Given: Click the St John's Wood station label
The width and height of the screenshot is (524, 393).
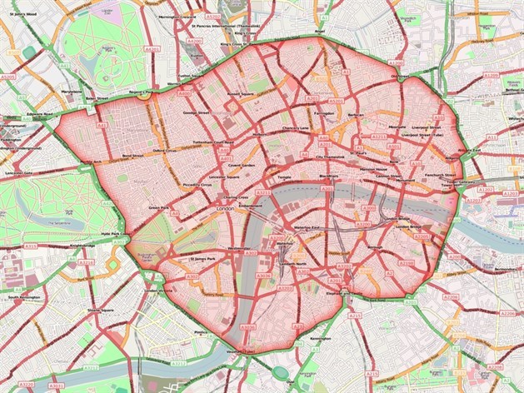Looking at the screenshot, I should click(x=20, y=12).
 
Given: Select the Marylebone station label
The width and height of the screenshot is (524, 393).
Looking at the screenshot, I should click(x=70, y=92).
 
